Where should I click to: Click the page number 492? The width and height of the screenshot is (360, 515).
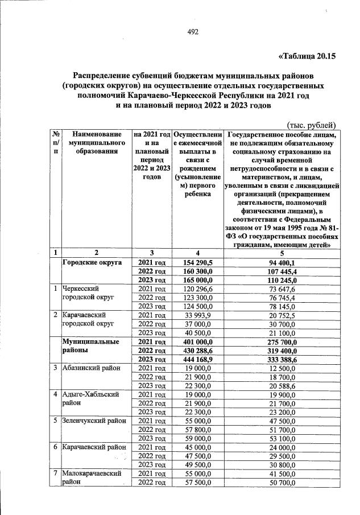192,32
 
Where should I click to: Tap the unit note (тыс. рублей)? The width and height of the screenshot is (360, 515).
310,125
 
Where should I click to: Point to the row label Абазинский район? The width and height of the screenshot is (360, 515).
91,367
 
